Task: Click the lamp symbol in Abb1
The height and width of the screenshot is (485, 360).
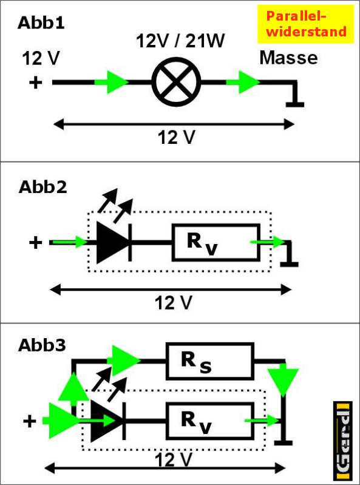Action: (x=177, y=82)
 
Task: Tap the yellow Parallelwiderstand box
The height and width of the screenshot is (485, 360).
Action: (x=305, y=24)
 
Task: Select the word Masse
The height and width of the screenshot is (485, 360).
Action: (x=288, y=58)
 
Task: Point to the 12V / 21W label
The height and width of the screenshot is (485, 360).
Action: (x=180, y=41)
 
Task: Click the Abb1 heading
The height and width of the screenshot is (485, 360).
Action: (x=41, y=23)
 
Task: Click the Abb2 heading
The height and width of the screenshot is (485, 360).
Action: (x=42, y=187)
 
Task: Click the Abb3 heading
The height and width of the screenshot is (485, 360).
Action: (x=42, y=345)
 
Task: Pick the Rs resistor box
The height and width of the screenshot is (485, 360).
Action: (x=210, y=361)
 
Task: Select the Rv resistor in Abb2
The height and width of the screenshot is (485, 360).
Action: (x=216, y=242)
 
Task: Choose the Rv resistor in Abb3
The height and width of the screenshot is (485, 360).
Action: (x=210, y=421)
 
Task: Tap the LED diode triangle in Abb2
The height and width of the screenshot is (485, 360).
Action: (x=112, y=242)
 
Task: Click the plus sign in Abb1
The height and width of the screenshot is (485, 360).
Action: (x=36, y=83)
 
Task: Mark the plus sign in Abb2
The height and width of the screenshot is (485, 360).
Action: (x=36, y=242)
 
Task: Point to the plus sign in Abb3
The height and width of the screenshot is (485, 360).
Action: (x=30, y=421)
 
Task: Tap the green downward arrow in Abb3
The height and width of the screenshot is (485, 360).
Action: (x=283, y=381)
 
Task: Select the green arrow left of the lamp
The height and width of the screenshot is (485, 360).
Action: (x=111, y=82)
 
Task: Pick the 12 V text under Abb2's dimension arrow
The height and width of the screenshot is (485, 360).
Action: (x=174, y=303)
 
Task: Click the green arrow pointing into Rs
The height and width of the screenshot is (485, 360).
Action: (x=124, y=361)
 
